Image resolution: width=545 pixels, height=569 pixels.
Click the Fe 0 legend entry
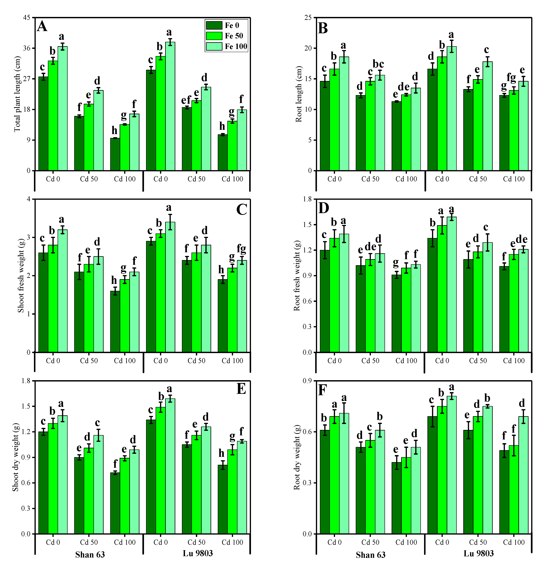(226, 26)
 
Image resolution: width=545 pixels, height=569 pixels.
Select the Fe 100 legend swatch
(214, 47)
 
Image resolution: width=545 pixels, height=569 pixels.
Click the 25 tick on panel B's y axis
(308, 18)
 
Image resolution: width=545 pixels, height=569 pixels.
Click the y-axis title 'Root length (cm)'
(299, 94)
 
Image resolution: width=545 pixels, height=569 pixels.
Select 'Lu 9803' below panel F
(478, 553)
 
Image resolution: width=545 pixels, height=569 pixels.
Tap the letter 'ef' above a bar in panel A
(186, 100)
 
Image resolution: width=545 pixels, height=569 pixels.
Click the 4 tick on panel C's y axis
(28, 199)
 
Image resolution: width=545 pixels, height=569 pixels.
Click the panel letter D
(324, 208)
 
